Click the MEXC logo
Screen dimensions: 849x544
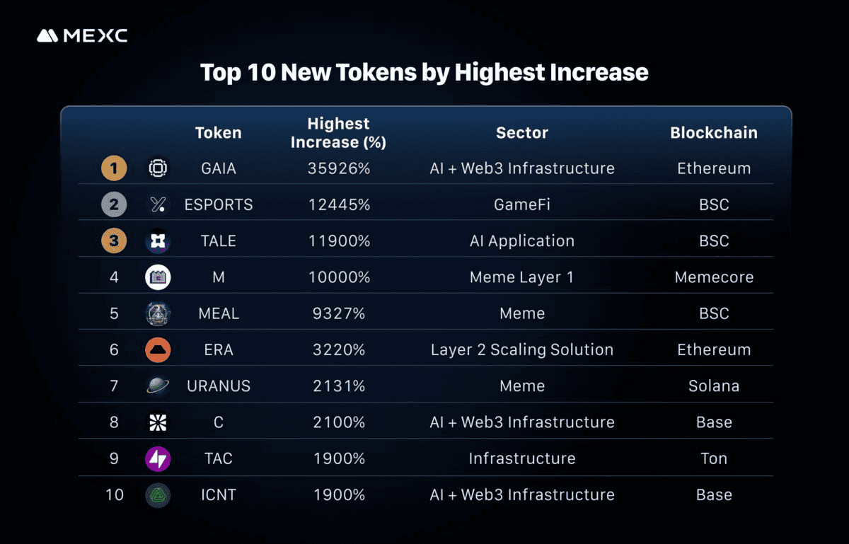coord(82,35)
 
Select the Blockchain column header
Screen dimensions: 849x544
coord(714,133)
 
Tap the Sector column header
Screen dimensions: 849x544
coord(522,133)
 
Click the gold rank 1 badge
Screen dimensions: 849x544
coord(114,168)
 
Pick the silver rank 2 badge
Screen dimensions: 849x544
coord(114,204)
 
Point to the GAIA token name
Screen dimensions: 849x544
coord(219,168)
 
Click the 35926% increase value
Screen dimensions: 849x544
coord(339,168)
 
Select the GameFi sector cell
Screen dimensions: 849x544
coord(522,204)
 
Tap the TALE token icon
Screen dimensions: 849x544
coord(158,241)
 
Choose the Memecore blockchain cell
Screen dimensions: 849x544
coord(714,277)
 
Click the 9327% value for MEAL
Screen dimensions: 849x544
coord(339,313)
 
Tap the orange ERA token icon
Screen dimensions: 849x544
coord(158,349)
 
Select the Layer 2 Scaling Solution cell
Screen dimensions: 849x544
coord(522,350)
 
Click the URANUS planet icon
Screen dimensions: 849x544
coord(158,386)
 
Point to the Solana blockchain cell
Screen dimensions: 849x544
coord(714,386)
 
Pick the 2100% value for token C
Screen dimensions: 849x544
coord(339,422)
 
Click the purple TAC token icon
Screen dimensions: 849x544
coord(158,458)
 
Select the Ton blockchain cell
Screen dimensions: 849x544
coord(714,458)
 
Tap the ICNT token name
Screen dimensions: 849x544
coord(219,494)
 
